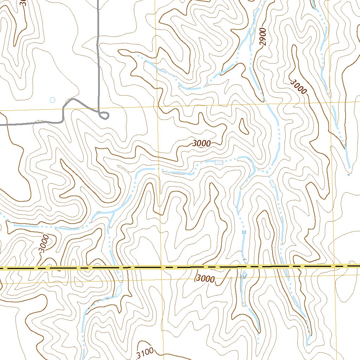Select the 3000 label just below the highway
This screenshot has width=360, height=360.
click(x=205, y=279)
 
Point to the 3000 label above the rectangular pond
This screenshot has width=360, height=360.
click(x=201, y=143)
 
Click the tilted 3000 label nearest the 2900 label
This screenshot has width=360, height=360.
click(x=299, y=86)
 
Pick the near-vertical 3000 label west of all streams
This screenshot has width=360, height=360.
click(x=44, y=243)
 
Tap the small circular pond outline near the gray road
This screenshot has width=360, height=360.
click(x=52, y=100)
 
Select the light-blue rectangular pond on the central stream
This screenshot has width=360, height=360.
click(x=219, y=162)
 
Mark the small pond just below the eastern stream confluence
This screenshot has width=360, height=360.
click(x=272, y=183)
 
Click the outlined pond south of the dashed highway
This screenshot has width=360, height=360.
click(x=118, y=290)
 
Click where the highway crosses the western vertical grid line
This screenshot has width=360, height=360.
click(x=161, y=268)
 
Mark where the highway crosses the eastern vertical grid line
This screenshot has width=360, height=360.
click(x=334, y=266)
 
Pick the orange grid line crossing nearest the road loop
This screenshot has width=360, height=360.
click(x=157, y=106)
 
